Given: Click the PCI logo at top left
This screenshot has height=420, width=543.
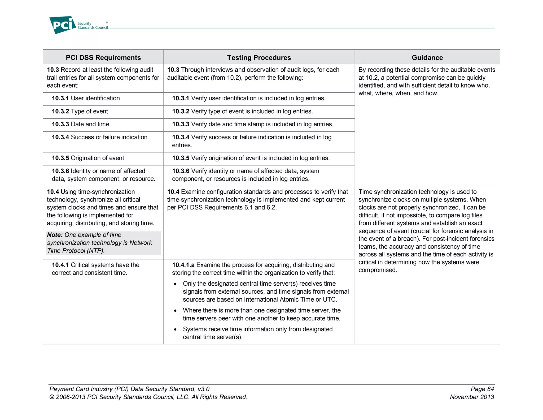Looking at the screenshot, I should click(63, 25).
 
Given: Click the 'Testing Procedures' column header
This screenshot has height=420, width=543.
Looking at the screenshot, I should click(259, 58).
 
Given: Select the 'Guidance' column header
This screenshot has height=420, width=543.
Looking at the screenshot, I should click(427, 58).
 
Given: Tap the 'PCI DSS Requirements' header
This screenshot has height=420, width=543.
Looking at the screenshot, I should click(103, 58).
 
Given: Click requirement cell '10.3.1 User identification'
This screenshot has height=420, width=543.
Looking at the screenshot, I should click(86, 98).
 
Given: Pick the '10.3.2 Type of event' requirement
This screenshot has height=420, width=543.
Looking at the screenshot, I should click(80, 111).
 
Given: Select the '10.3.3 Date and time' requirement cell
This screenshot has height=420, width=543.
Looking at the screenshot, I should click(80, 124).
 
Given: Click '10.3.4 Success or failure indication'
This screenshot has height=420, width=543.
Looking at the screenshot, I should click(99, 137).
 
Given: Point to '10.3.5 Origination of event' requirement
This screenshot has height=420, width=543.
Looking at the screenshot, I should click(88, 158).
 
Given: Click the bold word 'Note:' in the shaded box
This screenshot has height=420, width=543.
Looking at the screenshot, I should click(55, 235).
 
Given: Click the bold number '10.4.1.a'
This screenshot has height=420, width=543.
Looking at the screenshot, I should click(183, 265).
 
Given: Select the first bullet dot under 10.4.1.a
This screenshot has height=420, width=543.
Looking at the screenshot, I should click(175, 284).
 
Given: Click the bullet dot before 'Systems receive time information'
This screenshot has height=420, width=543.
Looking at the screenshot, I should click(175, 330).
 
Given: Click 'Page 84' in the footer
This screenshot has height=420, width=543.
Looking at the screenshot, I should click(482, 389).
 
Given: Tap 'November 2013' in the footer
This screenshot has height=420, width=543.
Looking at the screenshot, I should click(472, 397).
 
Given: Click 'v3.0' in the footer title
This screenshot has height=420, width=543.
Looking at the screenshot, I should click(203, 389).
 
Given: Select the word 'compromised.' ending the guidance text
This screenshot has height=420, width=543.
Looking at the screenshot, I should click(378, 270).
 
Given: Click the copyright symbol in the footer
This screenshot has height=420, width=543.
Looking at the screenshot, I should click(52, 397).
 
